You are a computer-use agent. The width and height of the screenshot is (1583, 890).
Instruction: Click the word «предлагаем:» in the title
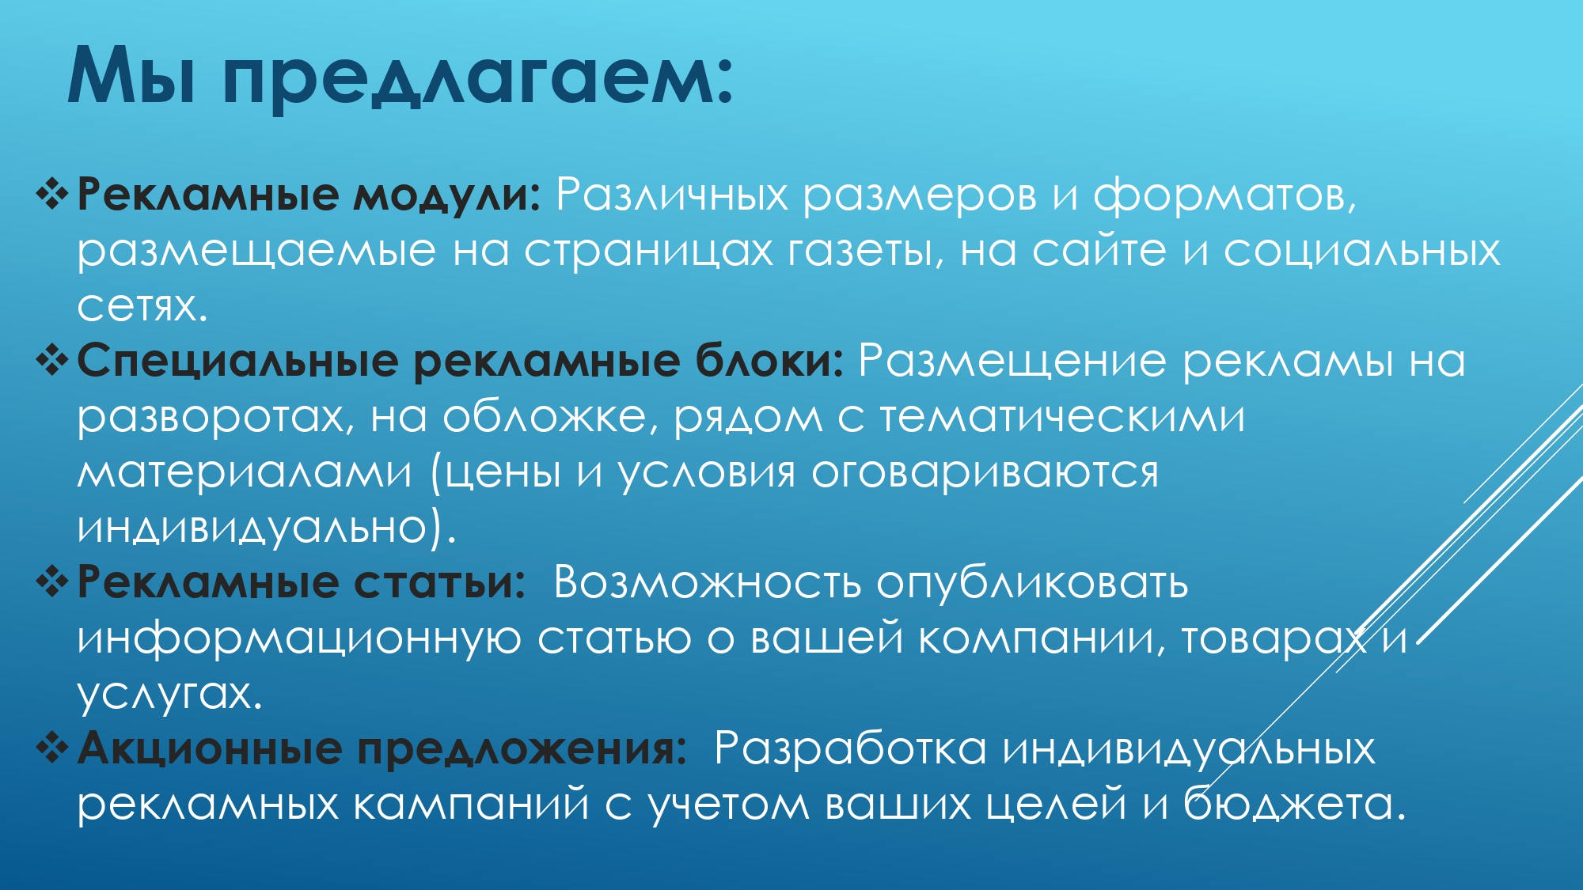[478, 77]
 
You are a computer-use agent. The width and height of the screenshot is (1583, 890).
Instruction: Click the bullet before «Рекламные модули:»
[52, 195]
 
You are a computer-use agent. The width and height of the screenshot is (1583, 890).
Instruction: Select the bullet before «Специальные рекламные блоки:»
[52, 361]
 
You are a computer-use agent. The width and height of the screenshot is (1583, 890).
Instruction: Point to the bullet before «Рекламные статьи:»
[52, 582]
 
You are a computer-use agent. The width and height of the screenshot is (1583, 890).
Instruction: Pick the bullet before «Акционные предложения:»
[52, 748]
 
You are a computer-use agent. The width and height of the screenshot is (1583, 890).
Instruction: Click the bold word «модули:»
[446, 195]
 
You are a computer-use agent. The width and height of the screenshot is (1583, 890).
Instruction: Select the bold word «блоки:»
[769, 361]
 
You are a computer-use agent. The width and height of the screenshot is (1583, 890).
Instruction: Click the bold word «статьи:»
[439, 583]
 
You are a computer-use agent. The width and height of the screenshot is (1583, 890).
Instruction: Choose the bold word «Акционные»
[210, 749]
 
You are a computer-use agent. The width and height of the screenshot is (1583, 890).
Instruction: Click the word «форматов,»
[1224, 195]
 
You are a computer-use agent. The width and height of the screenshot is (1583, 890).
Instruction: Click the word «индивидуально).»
[267, 527]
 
